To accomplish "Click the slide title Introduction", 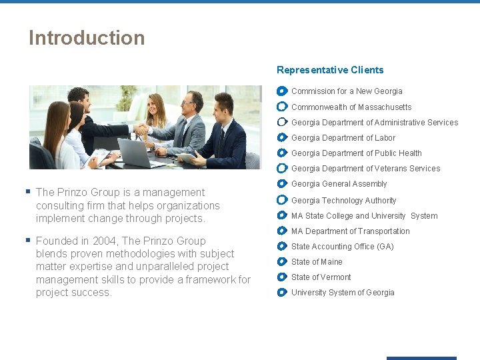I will click(x=87, y=38).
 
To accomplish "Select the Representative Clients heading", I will click(x=330, y=70).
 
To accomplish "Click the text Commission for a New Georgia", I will click(x=347, y=91).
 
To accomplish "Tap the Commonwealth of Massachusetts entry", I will click(x=351, y=107).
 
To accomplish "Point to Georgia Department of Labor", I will click(x=343, y=138).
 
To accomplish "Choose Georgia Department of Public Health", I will click(x=356, y=153).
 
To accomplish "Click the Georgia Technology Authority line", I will click(x=343, y=201).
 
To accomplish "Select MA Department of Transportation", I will click(x=351, y=231).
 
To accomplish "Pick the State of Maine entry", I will click(x=317, y=262).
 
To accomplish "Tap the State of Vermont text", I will click(x=321, y=277).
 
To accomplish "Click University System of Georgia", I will click(x=343, y=293).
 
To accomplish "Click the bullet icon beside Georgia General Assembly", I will click(x=282, y=184).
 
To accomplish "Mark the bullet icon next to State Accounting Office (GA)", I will click(x=282, y=247).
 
